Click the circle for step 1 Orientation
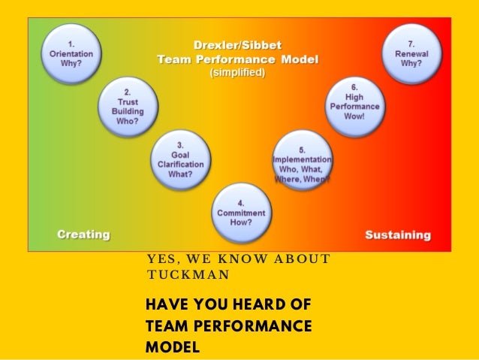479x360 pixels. tap(71, 54)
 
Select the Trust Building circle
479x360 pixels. tap(126, 107)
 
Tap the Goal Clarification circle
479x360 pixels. tap(181, 159)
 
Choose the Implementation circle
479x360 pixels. tap(301, 159)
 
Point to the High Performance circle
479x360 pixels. tap(355, 106)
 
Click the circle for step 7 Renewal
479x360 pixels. tap(411, 54)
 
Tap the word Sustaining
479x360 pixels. tap(398, 234)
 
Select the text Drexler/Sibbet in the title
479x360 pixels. tap(236, 45)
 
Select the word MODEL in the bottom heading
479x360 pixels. tap(173, 346)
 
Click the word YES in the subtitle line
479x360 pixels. tap(160, 260)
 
